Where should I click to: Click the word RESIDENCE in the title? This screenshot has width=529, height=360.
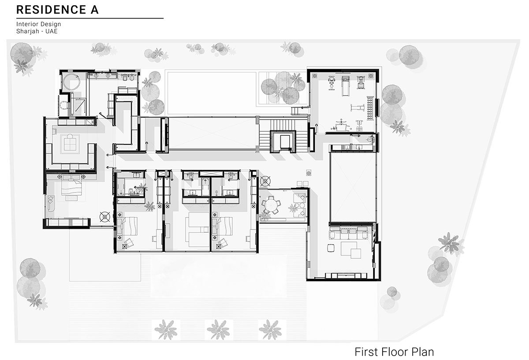[51, 10]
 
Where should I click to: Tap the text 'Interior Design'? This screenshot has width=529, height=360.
[38, 24]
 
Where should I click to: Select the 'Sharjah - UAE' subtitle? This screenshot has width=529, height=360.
[37, 31]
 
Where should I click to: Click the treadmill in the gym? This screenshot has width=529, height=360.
[345, 85]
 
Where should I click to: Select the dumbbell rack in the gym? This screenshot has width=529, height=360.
[370, 108]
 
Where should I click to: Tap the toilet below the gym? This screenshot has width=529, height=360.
[371, 140]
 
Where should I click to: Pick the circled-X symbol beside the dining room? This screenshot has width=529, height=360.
[265, 181]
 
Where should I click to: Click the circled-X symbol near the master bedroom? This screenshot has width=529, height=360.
[105, 217]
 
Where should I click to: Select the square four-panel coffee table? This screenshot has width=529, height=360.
[70, 144]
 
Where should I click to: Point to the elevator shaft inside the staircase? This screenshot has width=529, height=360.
[285, 141]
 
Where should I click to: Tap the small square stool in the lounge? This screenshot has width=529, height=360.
[331, 248]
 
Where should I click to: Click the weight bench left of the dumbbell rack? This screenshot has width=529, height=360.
[358, 108]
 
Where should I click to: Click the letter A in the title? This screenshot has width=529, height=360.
[94, 10]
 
